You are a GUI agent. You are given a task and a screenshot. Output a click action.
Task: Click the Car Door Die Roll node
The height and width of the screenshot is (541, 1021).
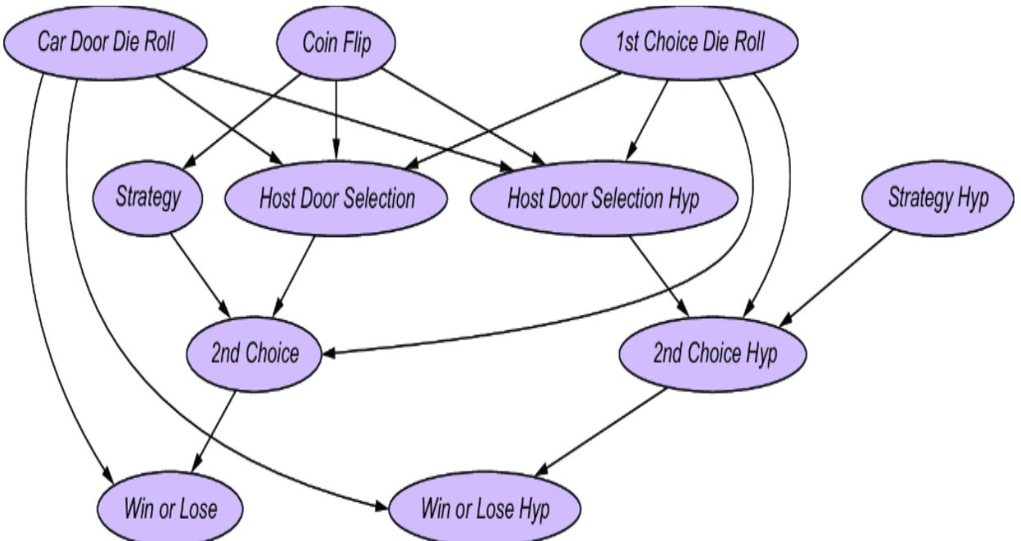(x=105, y=43)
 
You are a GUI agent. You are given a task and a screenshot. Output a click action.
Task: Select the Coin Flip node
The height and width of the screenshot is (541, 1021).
(x=337, y=43)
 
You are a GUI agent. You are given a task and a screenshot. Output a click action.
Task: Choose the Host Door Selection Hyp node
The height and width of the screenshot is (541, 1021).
(x=603, y=199)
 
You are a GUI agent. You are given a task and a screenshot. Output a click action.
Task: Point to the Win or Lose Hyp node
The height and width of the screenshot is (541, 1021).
(x=485, y=508)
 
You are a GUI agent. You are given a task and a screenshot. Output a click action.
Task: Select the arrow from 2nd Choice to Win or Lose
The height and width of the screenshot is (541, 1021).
(x=215, y=430)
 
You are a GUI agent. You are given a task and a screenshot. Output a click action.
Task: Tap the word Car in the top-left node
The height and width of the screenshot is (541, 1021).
(x=52, y=43)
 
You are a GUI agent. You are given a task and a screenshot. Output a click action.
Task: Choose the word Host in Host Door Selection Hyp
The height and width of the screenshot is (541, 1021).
(x=526, y=199)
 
